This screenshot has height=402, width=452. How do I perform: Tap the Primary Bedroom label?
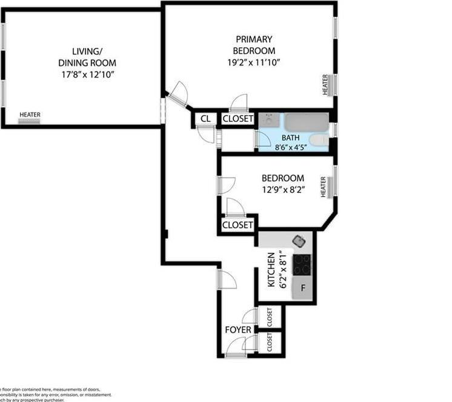(x=254, y=45)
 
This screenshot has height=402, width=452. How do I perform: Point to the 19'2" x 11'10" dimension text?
(x=254, y=62)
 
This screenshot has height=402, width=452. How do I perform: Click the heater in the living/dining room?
(x=29, y=121)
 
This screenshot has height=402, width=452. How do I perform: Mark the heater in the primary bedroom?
(x=325, y=84)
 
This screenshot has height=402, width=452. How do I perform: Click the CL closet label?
(x=205, y=119)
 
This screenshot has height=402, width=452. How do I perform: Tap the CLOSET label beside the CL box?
(x=238, y=119)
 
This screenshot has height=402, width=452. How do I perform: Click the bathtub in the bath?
(x=307, y=122)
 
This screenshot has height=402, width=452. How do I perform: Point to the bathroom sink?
(x=268, y=120)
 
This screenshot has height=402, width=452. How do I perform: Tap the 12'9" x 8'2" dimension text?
(x=282, y=190)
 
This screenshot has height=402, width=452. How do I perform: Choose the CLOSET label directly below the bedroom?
(x=238, y=225)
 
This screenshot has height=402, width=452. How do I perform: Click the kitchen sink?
(x=299, y=241)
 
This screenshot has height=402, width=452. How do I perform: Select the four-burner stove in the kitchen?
(x=302, y=264)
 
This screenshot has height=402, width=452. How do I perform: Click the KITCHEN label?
(x=271, y=270)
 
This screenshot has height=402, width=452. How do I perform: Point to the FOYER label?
(x=238, y=330)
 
